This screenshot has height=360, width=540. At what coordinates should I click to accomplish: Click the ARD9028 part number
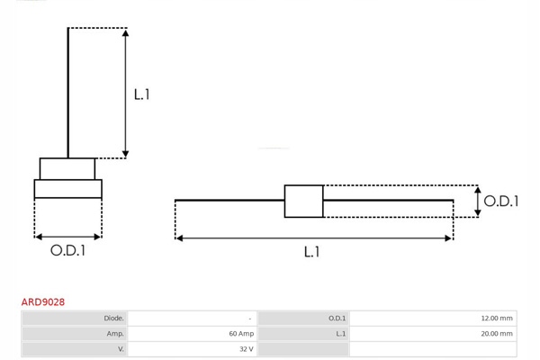click(x=43, y=302)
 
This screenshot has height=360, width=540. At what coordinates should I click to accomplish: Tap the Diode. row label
click(x=113, y=319)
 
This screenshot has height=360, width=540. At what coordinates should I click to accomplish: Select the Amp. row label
click(x=115, y=334)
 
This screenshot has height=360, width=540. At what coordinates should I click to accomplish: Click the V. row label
click(x=120, y=349)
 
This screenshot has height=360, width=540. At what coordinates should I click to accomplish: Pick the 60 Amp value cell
click(x=240, y=334)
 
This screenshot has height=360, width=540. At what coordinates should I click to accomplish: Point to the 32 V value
click(x=246, y=349)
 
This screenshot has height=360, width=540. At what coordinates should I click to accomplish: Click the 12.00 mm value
click(x=497, y=319)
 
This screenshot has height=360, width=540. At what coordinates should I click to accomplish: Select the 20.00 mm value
click(x=497, y=334)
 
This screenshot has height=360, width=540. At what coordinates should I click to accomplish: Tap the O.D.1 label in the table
click(x=337, y=319)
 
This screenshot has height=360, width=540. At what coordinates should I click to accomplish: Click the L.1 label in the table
click(x=340, y=334)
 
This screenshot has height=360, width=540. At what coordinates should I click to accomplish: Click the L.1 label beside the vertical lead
click(x=141, y=94)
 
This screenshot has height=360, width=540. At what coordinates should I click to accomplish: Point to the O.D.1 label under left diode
click(x=67, y=251)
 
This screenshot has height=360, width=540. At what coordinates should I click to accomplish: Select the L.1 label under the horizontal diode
click(x=311, y=252)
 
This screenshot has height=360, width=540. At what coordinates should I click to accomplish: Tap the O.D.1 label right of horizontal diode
click(x=500, y=202)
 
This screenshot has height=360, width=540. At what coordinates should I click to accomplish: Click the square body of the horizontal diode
click(x=303, y=201)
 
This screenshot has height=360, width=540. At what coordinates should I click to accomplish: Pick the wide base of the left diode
click(x=67, y=189)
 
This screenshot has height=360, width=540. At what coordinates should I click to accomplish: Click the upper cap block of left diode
click(x=67, y=168)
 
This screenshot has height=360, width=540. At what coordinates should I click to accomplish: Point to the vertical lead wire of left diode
click(x=68, y=90)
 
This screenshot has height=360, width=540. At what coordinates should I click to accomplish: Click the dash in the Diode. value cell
click(x=250, y=319)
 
